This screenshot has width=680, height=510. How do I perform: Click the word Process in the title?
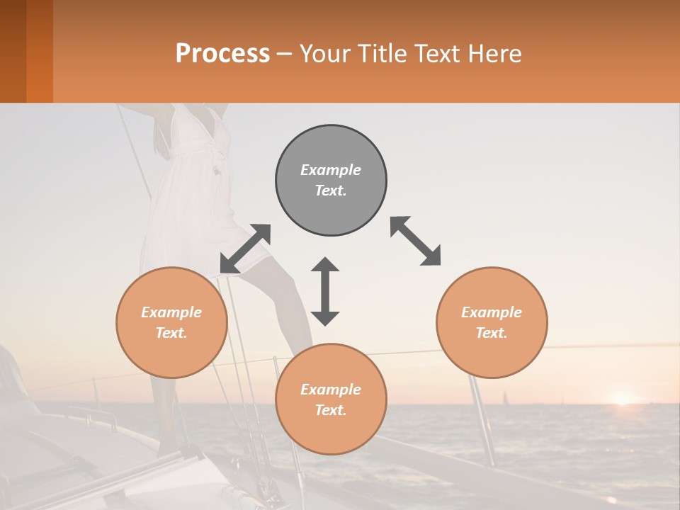coord(222,54)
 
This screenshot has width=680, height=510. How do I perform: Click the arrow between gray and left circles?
coord(245,249)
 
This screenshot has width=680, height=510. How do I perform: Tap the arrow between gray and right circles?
coord(415,241)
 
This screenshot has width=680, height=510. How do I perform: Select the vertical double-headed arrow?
coord(325,291)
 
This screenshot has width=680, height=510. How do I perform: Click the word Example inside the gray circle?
coord(331,170)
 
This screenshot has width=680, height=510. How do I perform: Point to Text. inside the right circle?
coord(492,333)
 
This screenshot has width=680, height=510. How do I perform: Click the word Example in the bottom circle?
coord(331,390)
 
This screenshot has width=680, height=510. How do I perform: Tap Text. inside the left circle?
coord(171,333)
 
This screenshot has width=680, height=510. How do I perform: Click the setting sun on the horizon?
coord(622,399)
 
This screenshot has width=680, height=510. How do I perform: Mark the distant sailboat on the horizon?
coord(505,397)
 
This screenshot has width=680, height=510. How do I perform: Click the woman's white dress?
coord(191,184)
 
